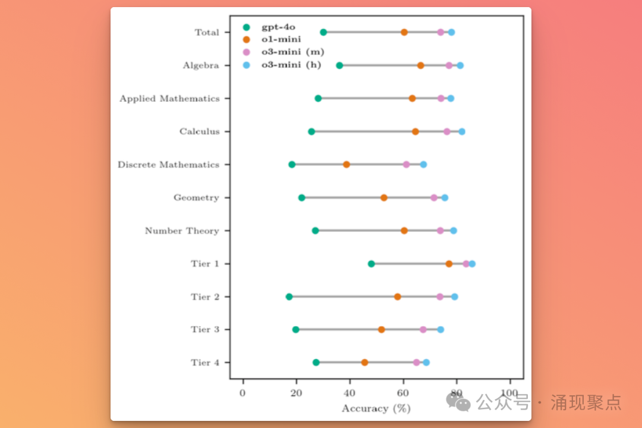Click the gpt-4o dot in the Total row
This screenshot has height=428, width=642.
pyautogui.click(x=323, y=32)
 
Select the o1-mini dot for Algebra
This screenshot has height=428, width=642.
pyautogui.click(x=420, y=65)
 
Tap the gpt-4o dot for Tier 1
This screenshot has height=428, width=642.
pyautogui.click(x=372, y=263)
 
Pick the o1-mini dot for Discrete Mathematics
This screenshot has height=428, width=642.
pyautogui.click(x=347, y=164)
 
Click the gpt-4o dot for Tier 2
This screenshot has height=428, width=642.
pyautogui.click(x=289, y=297)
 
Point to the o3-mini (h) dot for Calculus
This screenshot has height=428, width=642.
pyautogui.click(x=462, y=131)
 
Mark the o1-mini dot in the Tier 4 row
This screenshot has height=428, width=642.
pyautogui.click(x=364, y=363)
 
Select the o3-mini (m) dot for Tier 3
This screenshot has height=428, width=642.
pyautogui.click(x=423, y=329)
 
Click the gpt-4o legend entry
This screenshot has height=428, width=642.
pyautogui.click(x=278, y=27)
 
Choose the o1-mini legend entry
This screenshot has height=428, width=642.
pyautogui.click(x=281, y=39)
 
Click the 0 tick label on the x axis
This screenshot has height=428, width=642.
pyautogui.click(x=243, y=393)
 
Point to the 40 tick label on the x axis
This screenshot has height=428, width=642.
pyautogui.click(x=350, y=393)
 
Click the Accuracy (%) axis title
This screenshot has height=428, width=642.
pyautogui.click(x=376, y=408)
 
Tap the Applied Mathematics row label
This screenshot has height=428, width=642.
pyautogui.click(x=169, y=99)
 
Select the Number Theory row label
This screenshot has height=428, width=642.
pyautogui.click(x=182, y=231)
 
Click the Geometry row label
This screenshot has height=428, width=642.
pyautogui.click(x=196, y=197)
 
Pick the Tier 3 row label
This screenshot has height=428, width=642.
pyautogui.click(x=205, y=329)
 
